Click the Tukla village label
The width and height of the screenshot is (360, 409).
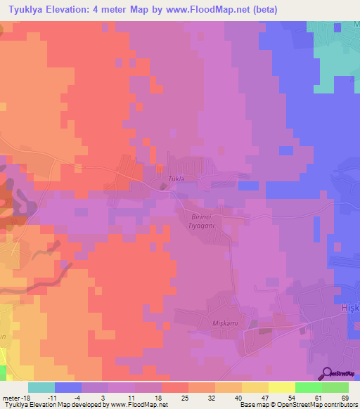point(175,179)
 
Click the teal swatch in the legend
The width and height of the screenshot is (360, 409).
point(41,387)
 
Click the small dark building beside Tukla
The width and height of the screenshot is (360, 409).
point(163,187)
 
